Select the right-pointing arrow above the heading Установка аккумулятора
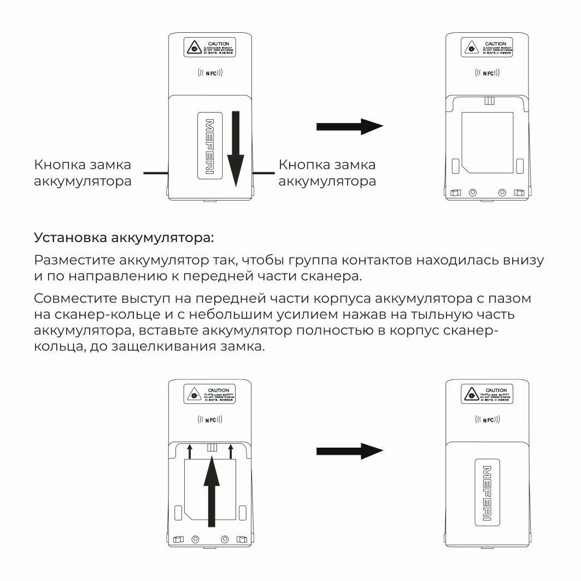pos(349,127)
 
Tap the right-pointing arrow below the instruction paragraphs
pos(349,451)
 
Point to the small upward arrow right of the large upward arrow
pos(231,451)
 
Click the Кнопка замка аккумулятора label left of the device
pos(83,173)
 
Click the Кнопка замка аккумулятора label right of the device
pos(327,173)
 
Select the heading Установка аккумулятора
pos(125,238)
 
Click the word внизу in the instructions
pos(524,260)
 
